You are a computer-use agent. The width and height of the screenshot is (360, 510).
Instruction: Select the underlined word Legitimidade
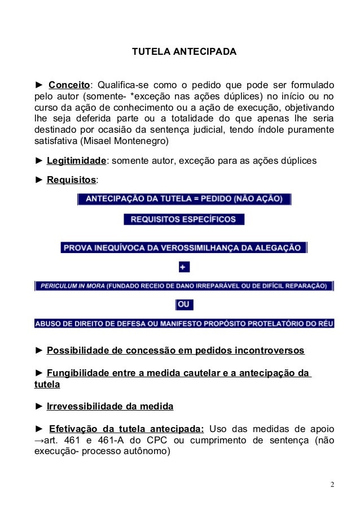click(76, 161)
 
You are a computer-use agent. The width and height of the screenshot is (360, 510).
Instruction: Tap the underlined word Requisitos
click(72, 180)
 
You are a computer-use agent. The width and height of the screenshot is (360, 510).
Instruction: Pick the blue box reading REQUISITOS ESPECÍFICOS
click(184, 219)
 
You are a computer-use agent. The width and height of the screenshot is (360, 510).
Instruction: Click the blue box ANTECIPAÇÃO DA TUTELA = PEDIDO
click(185, 199)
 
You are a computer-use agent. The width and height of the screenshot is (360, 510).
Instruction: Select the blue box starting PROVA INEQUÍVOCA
click(184, 247)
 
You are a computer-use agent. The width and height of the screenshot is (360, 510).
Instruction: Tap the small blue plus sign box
click(183, 267)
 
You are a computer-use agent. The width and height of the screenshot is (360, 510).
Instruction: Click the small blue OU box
click(184, 305)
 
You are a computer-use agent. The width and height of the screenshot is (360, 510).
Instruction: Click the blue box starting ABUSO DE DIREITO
click(184, 324)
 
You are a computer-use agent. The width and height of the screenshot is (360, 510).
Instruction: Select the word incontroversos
click(270, 351)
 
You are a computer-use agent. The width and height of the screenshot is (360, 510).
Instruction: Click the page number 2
click(332, 485)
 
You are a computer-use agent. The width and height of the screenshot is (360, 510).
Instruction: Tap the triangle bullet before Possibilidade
click(39, 351)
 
